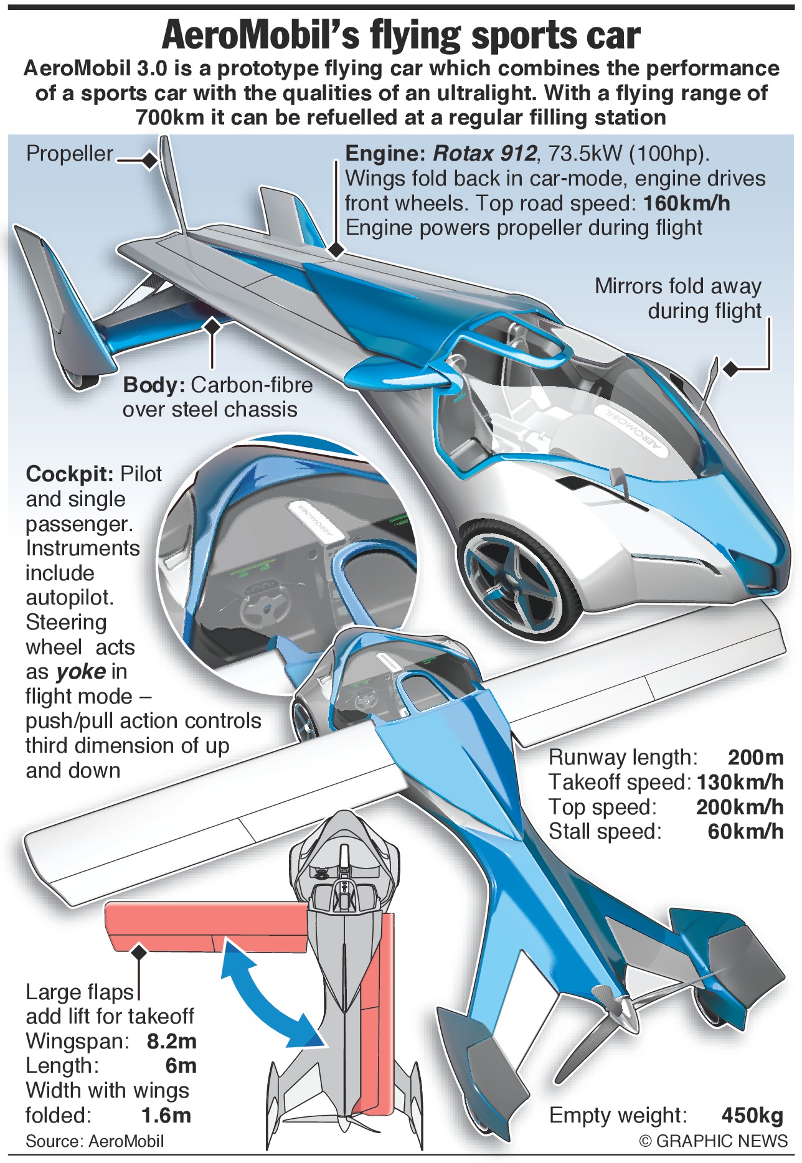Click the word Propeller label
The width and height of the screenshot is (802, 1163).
(70, 154)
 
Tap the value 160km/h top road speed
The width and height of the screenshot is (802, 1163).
(686, 204)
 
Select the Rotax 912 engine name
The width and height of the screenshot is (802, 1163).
(484, 154)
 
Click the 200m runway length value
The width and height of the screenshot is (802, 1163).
(755, 757)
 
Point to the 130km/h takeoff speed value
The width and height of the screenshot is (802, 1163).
(740, 782)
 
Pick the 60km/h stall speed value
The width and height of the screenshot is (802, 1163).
(745, 831)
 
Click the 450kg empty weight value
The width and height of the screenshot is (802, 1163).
(752, 1115)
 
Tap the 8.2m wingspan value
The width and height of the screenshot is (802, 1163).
(171, 1041)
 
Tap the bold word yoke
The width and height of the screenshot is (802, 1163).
(80, 671)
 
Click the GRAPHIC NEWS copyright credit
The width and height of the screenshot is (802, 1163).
(714, 1141)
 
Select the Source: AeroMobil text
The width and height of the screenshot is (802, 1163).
(95, 1141)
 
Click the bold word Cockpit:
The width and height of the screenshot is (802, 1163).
(69, 474)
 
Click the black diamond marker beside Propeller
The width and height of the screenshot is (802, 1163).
(149, 161)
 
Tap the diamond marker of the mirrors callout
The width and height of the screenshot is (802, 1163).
(731, 369)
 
